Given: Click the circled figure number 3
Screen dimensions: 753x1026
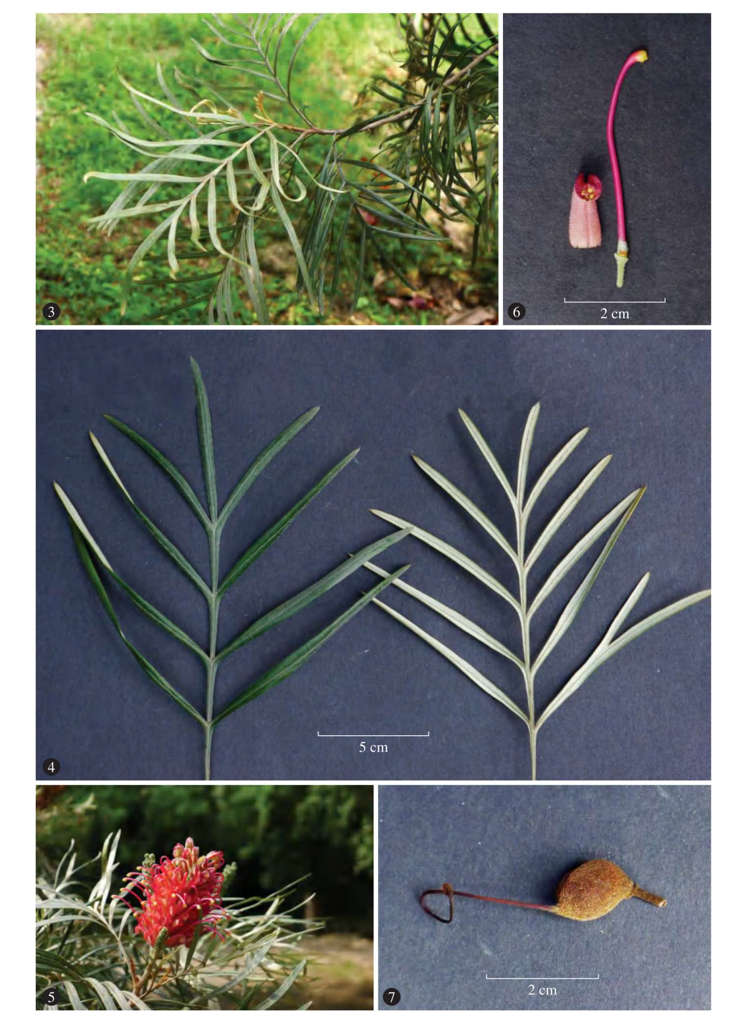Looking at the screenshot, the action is pos(51,312).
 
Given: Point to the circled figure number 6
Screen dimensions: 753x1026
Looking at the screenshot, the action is pos(517,312).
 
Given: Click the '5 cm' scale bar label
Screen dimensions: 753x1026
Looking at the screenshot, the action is pos(373,748).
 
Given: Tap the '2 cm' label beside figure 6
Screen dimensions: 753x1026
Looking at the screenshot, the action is pos(614,314).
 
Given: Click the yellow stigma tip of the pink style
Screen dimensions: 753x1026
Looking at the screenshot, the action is pos(642,55).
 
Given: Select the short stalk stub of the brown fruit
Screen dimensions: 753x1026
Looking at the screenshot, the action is pos(650,898).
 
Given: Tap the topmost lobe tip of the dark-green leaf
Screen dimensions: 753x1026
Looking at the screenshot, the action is pos(192,358).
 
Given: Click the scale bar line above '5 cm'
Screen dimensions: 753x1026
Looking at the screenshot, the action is pos(373,735).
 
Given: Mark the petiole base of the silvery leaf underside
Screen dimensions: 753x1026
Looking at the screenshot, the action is pos(534,777).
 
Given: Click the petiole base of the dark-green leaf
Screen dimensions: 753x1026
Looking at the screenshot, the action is pos(207,777).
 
